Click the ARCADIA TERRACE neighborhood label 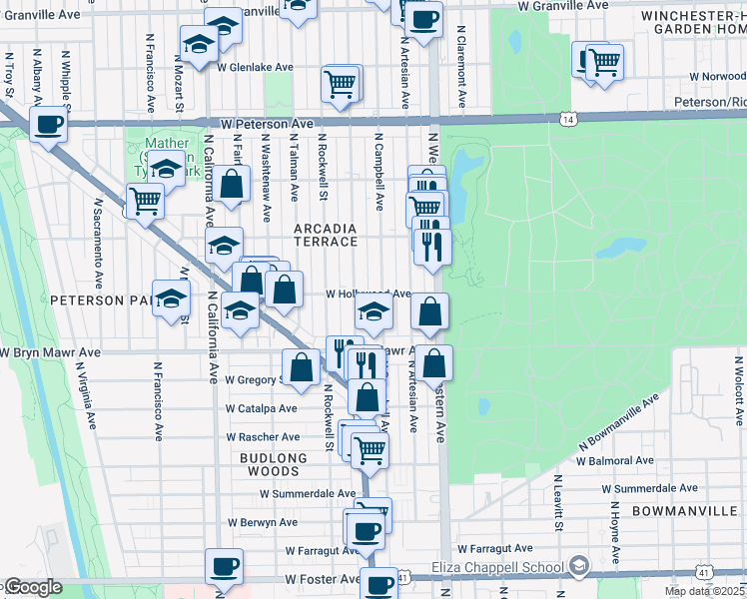pos(326,235)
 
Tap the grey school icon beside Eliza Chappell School pos(578,567)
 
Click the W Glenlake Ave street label pos(255,67)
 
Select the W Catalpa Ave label pos(261,408)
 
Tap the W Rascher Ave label pos(263,437)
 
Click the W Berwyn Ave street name pos(262,522)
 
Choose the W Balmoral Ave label pos(615,461)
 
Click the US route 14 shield pos(568,119)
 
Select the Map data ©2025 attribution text pos(705,591)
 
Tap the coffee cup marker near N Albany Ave pos(48,126)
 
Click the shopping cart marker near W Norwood pos(603,63)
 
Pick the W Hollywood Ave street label pos(369,295)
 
